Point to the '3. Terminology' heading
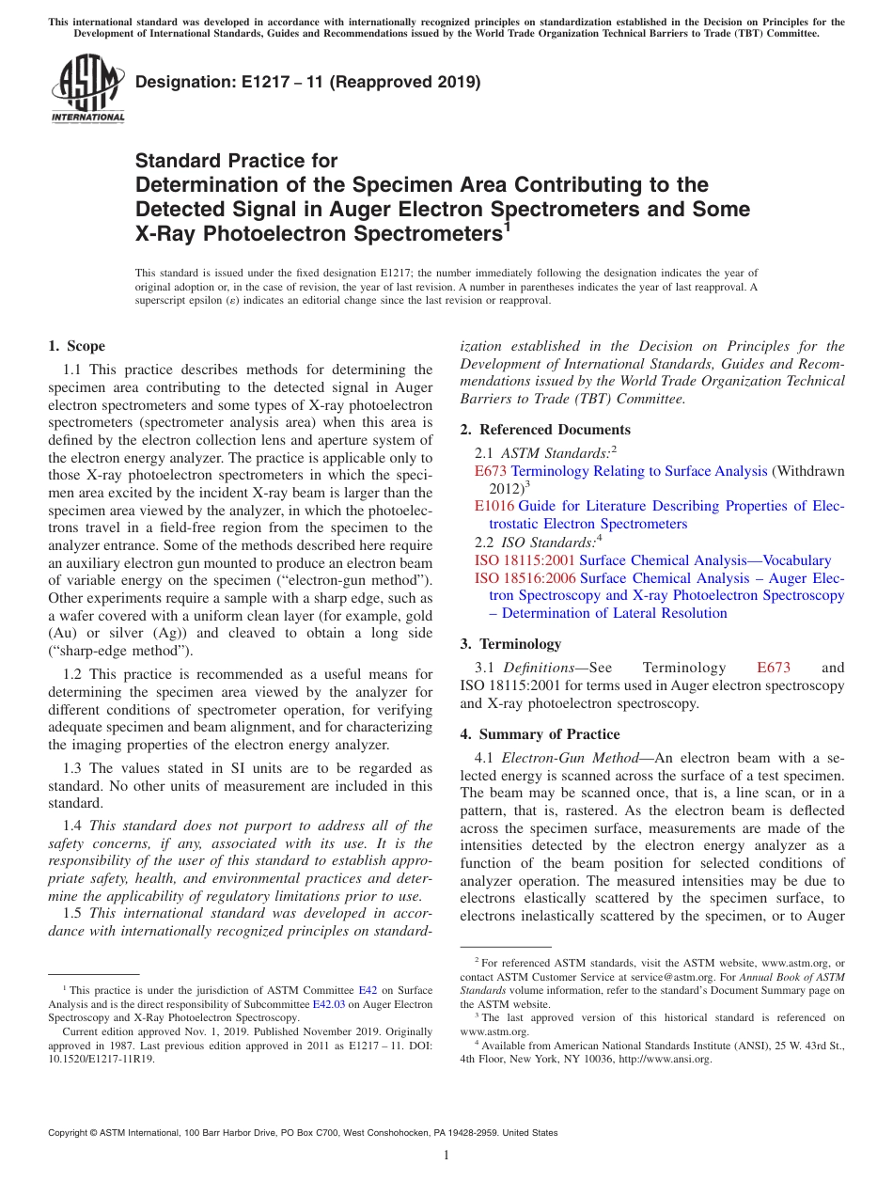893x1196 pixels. coord(510,644)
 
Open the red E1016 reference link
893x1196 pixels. coord(494,506)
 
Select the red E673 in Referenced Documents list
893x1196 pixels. coord(491,470)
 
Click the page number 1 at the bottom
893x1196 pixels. coord(446,1156)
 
